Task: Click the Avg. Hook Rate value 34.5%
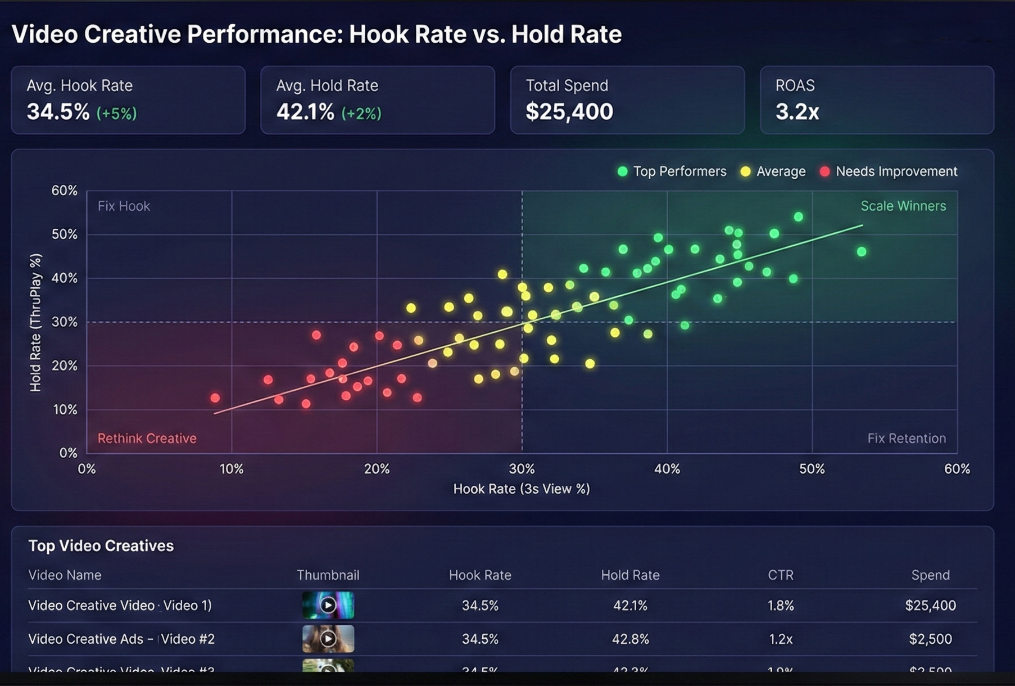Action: tap(58, 112)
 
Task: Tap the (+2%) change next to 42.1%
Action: tap(361, 114)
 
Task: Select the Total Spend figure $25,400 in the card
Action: tap(569, 112)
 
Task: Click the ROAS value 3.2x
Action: tap(797, 112)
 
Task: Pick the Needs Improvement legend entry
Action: tap(889, 171)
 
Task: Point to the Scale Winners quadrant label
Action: tap(903, 206)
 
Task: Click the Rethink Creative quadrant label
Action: tap(147, 438)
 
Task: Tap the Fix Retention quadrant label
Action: tap(906, 438)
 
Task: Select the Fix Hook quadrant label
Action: tap(124, 206)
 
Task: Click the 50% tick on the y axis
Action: tap(64, 234)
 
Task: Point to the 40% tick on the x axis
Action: tap(667, 469)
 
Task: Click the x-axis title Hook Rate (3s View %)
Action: tap(521, 489)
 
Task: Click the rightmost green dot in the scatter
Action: tap(862, 251)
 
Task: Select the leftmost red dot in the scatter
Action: tap(215, 398)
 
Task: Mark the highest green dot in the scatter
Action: tap(798, 216)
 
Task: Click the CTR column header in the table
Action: tap(780, 575)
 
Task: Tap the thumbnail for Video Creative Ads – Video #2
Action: tap(328, 638)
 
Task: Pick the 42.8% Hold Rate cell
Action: tap(630, 639)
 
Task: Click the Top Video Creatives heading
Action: tap(101, 545)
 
